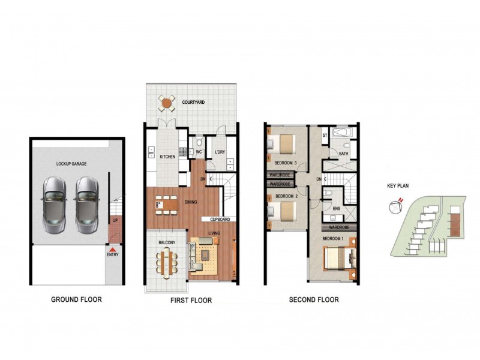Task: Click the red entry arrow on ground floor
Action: (113, 248)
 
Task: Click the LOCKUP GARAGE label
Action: (71, 163)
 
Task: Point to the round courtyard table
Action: (167, 103)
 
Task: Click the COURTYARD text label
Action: (194, 103)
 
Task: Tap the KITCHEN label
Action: (167, 157)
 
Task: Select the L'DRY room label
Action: (220, 152)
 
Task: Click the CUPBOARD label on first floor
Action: (220, 219)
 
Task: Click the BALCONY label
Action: (166, 242)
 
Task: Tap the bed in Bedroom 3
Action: (284, 144)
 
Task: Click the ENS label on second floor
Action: (336, 209)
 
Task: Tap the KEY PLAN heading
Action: (397, 185)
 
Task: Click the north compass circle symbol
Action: (394, 208)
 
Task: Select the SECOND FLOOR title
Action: (314, 299)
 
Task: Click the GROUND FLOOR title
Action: (76, 299)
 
